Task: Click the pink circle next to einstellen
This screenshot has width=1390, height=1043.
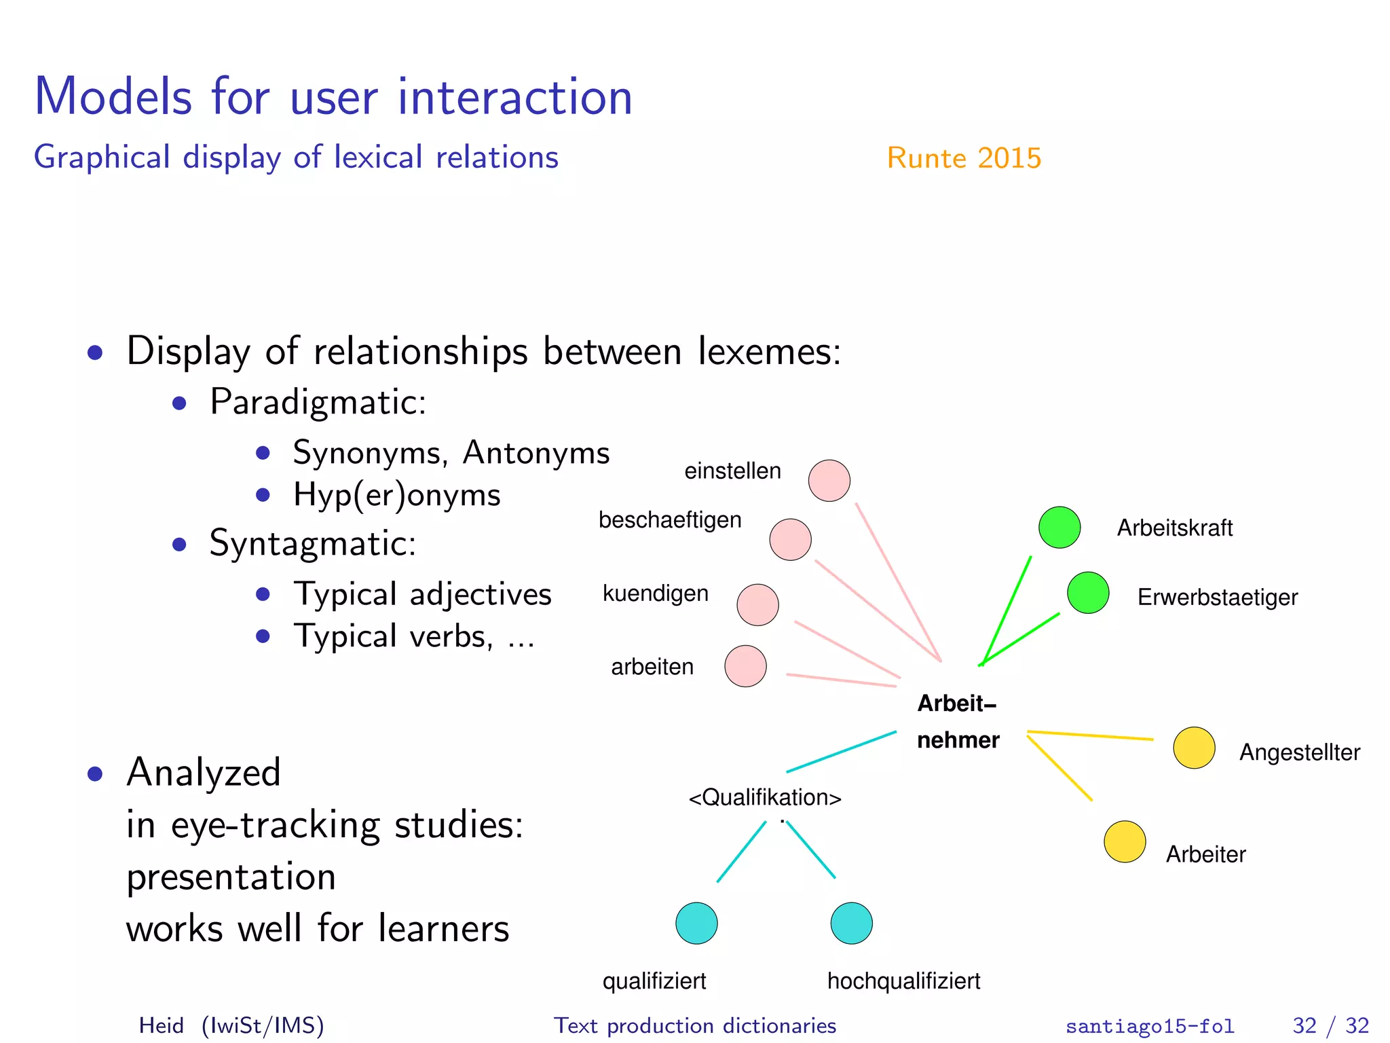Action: pos(829,481)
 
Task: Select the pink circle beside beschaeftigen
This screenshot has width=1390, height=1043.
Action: pos(790,540)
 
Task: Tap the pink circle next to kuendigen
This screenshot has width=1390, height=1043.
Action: pos(757,604)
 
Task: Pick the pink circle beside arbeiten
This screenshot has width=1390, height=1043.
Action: pos(745,666)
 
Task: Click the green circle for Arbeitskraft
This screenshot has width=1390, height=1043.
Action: pos(1059,527)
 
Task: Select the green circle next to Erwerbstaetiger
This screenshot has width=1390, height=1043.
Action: pos(1088,593)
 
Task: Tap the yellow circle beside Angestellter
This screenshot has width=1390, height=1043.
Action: pos(1194,748)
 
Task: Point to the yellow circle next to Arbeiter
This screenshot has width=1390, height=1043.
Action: pos(1125,842)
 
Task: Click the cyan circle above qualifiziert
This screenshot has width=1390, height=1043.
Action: pos(696,923)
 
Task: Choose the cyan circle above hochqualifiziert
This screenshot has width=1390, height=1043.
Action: pos(851,923)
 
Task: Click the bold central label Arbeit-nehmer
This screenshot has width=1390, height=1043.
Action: pos(958,722)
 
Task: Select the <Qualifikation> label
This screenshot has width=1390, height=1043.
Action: pos(765,797)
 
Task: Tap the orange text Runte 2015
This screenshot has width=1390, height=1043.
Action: pos(964,158)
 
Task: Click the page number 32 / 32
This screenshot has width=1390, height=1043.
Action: pos(1330,1025)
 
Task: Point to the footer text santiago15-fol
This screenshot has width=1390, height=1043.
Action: pos(1150,1026)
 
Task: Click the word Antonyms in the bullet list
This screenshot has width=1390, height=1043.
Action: pos(536,453)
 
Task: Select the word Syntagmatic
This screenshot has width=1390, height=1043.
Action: pos(313,544)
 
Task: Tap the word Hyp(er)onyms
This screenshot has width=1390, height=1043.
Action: pos(397,495)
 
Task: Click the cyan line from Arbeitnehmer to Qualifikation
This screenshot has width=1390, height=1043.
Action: pos(842,752)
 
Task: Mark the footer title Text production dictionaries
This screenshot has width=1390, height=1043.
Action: pos(695,1025)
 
